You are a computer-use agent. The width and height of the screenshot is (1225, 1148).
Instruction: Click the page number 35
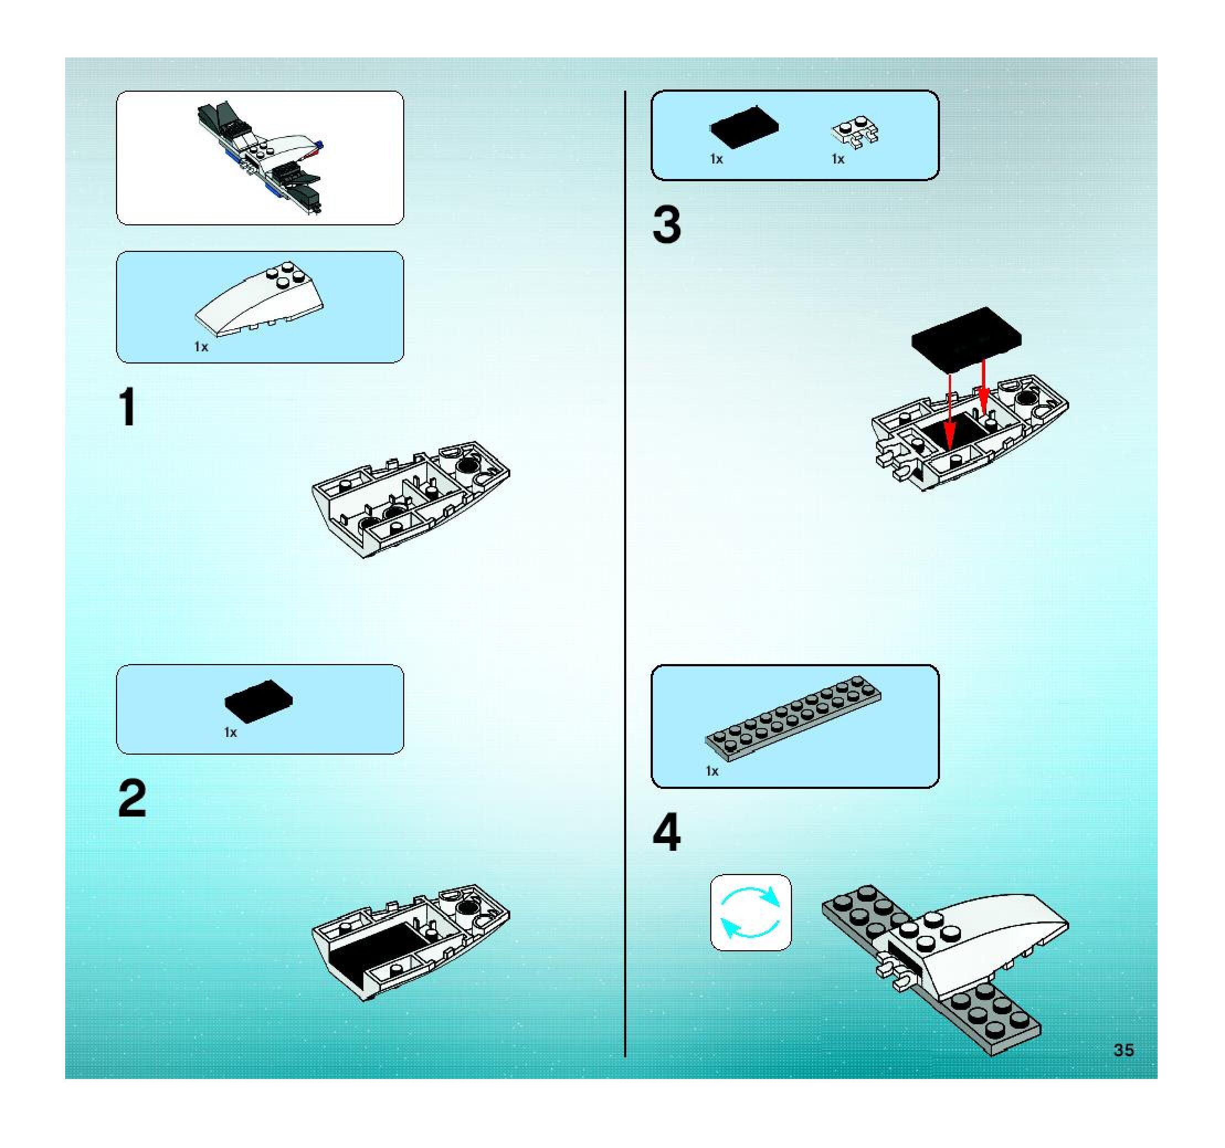(1123, 1050)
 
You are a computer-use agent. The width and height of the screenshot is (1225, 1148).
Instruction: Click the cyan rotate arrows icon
(751, 913)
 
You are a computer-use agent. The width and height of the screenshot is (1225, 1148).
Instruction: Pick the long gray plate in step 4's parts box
(793, 715)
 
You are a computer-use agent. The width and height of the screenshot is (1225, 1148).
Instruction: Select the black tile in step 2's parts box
(259, 701)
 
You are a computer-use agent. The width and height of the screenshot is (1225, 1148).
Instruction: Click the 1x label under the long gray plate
(712, 771)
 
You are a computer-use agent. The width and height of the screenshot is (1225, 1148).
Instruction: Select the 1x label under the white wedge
(202, 347)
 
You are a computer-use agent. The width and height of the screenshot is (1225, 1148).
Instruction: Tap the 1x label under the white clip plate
(838, 159)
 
